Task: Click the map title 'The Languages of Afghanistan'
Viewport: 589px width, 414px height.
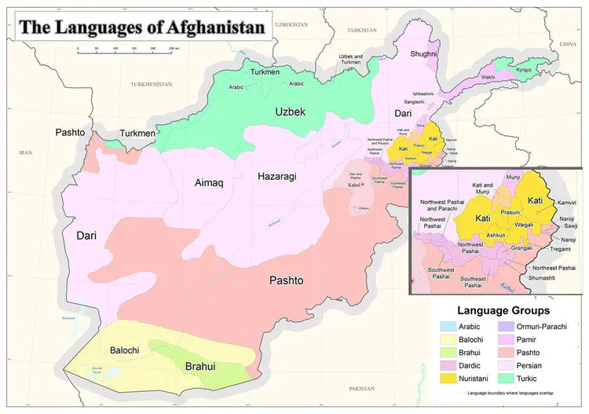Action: [x=142, y=27]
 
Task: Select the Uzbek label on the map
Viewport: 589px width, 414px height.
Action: [x=289, y=112]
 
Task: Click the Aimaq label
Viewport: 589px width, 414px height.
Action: [x=209, y=183]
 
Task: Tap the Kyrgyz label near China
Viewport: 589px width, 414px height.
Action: [x=524, y=71]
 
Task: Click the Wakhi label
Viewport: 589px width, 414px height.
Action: [x=488, y=78]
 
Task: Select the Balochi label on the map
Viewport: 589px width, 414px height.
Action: [x=125, y=350]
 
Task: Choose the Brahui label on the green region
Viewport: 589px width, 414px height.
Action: [x=200, y=367]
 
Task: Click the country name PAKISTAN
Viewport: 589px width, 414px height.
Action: [x=363, y=388]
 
